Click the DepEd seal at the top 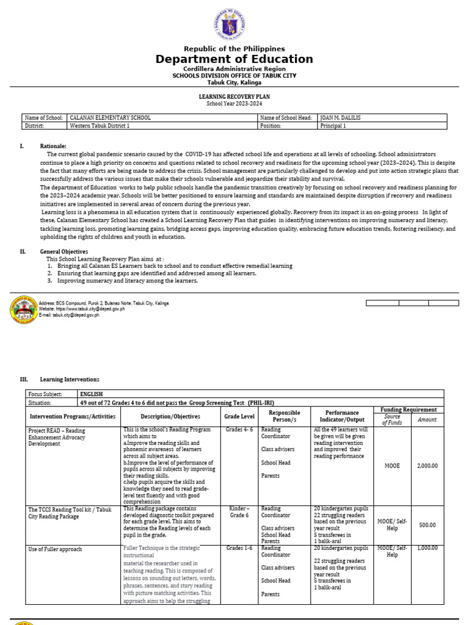234,24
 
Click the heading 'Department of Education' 234,59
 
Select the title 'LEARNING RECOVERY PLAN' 234,96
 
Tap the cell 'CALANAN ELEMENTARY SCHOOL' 111,117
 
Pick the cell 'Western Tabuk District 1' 100,126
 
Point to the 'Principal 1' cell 333,126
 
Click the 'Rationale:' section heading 53,146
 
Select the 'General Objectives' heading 64,251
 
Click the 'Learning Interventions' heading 69,380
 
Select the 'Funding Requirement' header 409,410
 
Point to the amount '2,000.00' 427,466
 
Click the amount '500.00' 427,525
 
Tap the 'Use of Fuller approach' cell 55,549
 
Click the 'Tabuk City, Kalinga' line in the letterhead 234,82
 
